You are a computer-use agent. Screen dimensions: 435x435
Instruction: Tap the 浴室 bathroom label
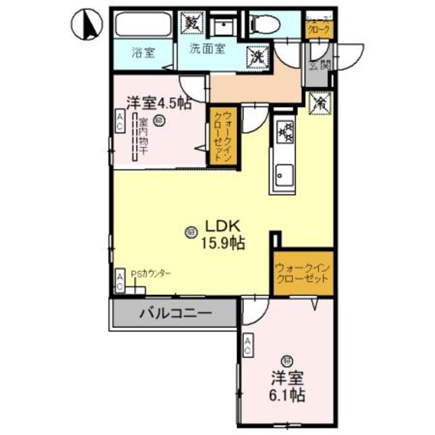(143, 53)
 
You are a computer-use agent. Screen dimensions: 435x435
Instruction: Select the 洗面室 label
(207, 49)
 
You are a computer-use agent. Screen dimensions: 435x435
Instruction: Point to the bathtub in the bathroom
(143, 26)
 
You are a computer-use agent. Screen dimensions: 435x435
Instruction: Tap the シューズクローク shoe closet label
(320, 26)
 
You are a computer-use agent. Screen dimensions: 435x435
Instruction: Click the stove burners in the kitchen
(286, 132)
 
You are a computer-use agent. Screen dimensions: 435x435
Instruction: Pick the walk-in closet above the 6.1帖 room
(302, 274)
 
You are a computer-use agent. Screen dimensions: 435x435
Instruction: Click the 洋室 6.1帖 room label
(286, 386)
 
